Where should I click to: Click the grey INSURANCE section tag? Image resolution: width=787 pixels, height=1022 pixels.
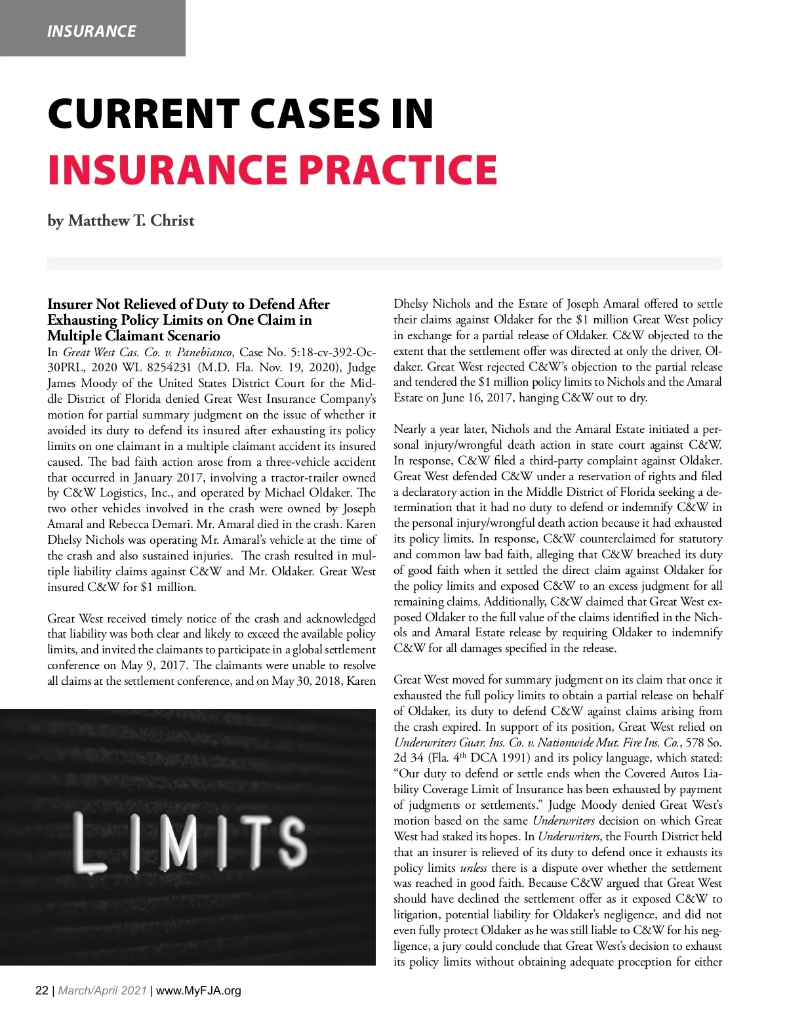[x=92, y=31]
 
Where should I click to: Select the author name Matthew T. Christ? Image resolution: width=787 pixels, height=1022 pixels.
[x=131, y=220]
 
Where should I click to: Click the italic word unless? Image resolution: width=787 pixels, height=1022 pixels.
[x=474, y=868]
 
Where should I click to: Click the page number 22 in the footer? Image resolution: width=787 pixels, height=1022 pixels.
[x=41, y=991]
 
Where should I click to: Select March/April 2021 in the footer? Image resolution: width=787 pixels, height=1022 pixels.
[x=102, y=991]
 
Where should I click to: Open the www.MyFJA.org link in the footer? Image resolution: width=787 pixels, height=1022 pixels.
[x=199, y=991]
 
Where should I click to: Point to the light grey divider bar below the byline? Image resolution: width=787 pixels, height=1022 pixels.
[x=384, y=264]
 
